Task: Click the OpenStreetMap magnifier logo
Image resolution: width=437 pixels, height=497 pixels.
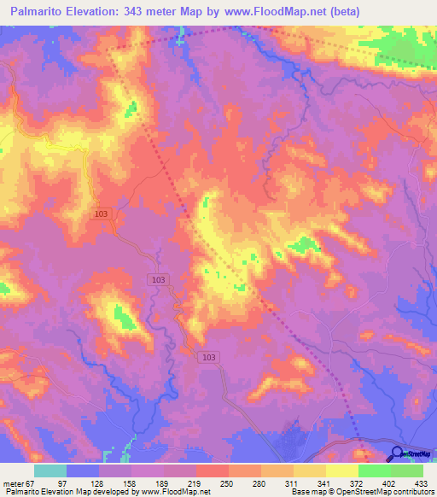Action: tap(397, 455)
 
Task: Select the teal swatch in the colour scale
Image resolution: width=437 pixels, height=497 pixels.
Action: tap(50, 471)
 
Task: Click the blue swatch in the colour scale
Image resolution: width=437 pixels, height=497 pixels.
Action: tap(83, 471)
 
